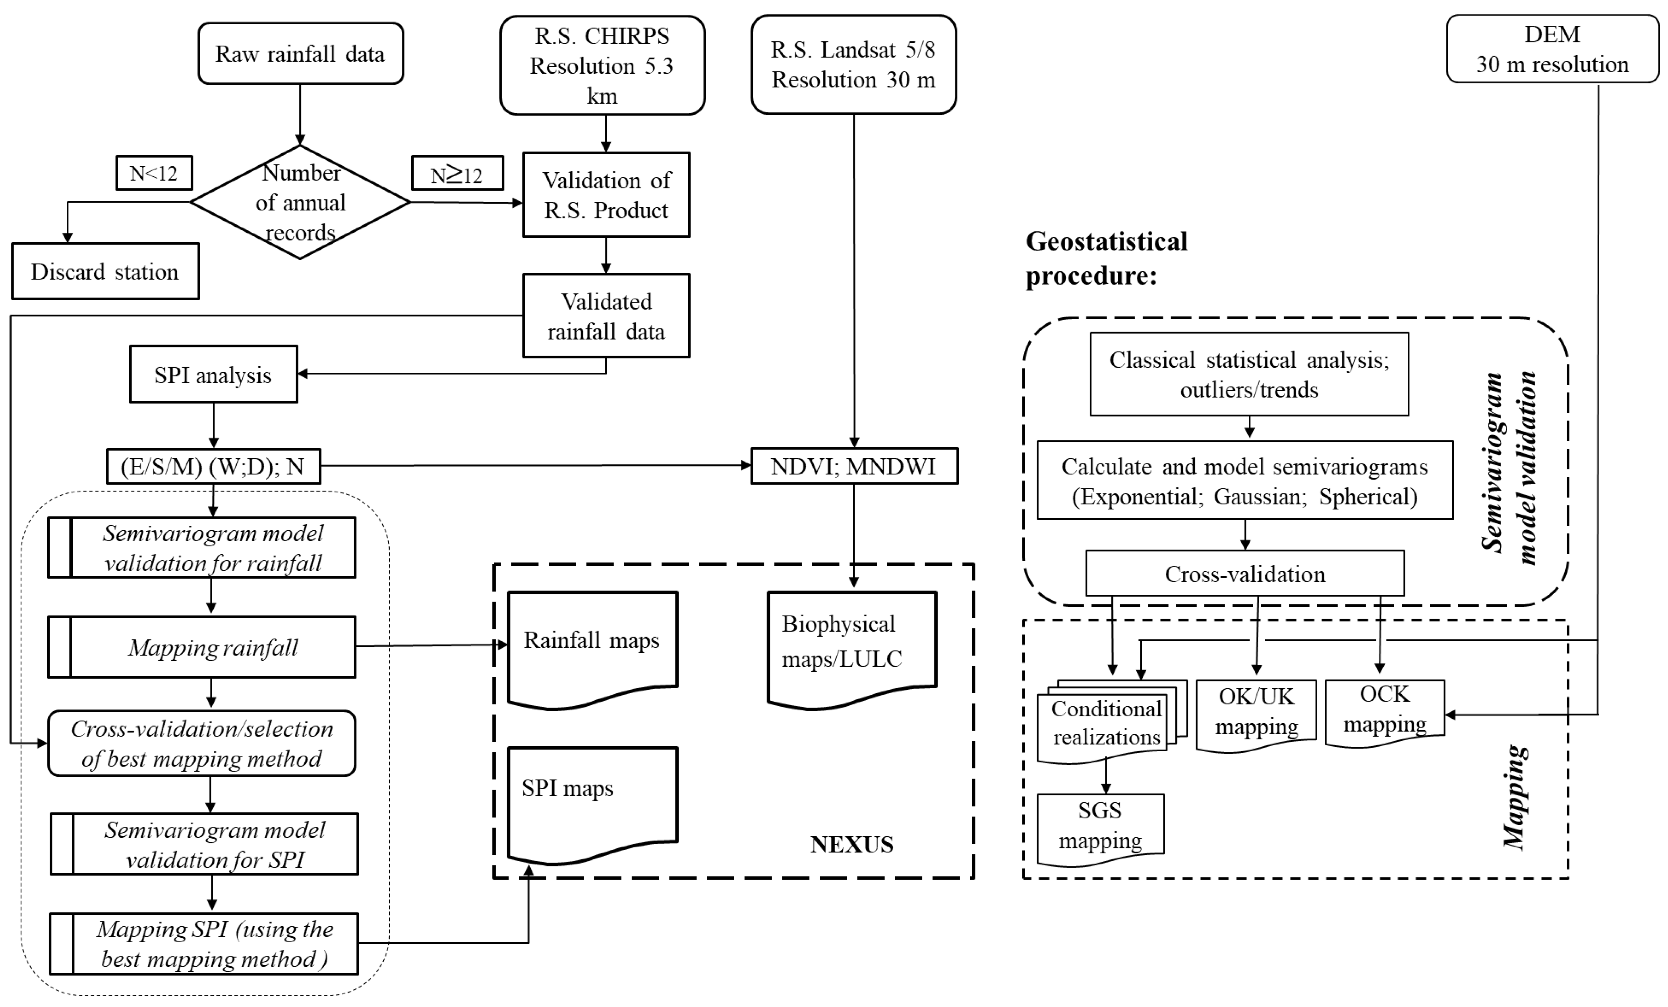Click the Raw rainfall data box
300,54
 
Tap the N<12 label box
154,173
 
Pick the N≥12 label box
457,173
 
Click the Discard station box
105,271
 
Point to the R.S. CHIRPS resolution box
602,66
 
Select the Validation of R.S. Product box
606,195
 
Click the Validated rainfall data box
606,316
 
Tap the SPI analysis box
213,375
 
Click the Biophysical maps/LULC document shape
851,646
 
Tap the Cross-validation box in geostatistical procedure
1244,574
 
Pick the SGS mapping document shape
1100,827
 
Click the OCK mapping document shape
1384,711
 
